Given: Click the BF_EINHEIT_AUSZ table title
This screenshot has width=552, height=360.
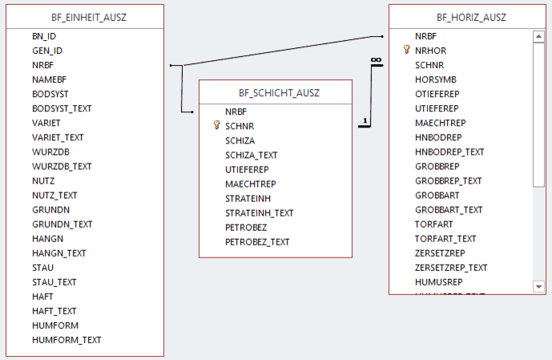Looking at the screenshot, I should tap(83, 16).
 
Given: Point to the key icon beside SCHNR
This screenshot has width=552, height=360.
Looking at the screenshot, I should tap(216, 126).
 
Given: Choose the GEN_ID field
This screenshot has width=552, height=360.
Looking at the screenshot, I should tap(47, 51).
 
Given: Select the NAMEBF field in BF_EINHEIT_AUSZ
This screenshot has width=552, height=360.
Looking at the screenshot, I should tap(50, 79).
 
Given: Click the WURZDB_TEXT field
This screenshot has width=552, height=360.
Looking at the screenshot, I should tap(62, 166).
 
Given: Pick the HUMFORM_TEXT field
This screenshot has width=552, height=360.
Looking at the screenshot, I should tap(66, 339).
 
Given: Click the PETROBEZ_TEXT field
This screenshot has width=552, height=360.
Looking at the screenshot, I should tap(257, 241).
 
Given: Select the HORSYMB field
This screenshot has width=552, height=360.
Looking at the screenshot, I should tap(435, 79).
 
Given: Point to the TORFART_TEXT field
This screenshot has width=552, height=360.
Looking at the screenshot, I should tap(445, 238).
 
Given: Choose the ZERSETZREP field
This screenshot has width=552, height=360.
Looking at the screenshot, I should tap(440, 253).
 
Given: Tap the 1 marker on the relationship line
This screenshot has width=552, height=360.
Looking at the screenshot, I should tap(365, 121).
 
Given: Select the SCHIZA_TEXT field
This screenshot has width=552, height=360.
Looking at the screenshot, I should tap(252, 155).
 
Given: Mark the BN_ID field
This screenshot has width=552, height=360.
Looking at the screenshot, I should tap(44, 36).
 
